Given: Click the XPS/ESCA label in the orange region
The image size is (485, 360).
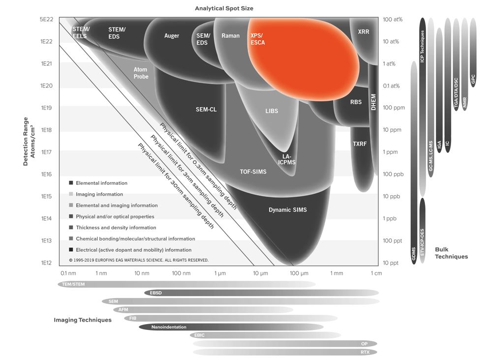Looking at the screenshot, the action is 258,39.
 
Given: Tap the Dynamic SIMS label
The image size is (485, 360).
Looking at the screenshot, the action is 288,210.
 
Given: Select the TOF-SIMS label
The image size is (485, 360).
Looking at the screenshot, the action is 253,172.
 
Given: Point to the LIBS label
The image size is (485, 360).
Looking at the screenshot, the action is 272,111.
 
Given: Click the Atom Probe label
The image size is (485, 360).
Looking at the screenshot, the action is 141,73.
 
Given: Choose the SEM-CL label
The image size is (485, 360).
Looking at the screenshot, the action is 206,110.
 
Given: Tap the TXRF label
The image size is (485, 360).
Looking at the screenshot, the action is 360,144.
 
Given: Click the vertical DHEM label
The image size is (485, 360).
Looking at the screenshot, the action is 373,102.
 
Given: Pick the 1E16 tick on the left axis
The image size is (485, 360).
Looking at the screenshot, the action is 46,174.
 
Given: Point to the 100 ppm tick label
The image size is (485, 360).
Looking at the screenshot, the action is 394,108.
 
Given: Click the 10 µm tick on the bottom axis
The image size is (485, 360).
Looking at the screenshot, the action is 260,273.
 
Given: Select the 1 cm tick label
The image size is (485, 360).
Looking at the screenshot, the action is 376,273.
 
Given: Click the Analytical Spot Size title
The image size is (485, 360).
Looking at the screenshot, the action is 224,8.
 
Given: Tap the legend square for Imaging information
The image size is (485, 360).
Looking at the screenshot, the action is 71,194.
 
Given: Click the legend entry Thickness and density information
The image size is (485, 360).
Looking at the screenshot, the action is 116,227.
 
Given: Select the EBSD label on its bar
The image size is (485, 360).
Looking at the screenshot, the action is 155,293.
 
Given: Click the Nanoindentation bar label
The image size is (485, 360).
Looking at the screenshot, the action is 169,327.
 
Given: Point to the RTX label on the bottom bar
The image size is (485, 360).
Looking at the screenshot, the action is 365,352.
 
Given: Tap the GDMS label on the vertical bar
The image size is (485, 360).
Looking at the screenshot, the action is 414,254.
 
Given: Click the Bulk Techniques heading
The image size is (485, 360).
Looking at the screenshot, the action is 451,253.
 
